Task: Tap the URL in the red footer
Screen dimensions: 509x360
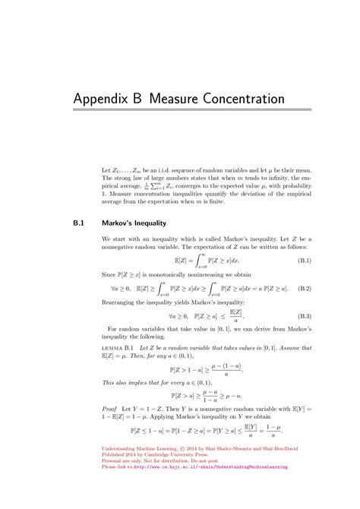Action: click(x=216, y=466)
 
